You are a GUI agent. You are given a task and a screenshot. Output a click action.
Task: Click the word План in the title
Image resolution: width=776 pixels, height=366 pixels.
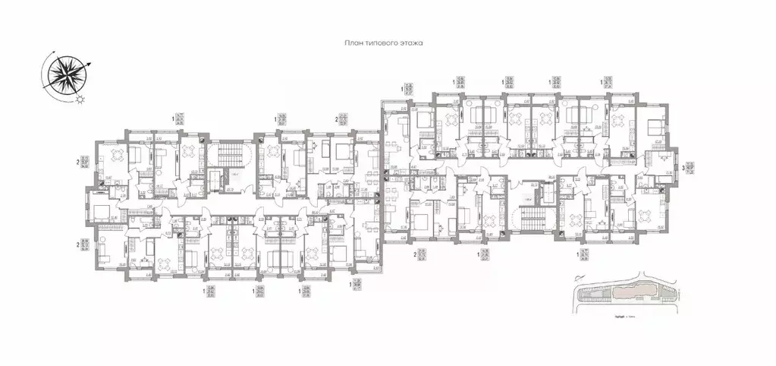pyautogui.click(x=352, y=45)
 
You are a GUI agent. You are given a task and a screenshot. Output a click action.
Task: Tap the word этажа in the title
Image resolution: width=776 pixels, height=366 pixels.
pyautogui.click(x=410, y=45)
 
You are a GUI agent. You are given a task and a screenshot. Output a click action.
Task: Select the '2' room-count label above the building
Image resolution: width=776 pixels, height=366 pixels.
pyautogui.click(x=336, y=118)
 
